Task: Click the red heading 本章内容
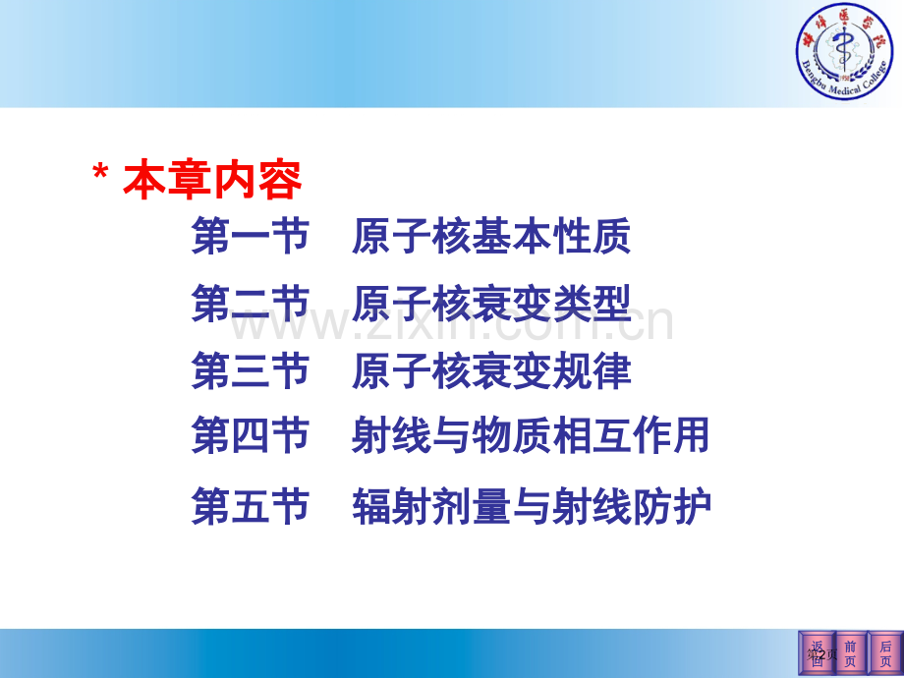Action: [x=212, y=181]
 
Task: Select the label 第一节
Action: [x=251, y=237]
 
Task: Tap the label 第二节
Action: [x=251, y=305]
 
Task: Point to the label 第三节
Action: [x=251, y=371]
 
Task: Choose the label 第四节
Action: [x=251, y=436]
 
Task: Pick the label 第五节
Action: [x=251, y=507]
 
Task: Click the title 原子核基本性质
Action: [x=490, y=237]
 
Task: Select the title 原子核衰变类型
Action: [x=490, y=305]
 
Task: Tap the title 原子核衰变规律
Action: [x=490, y=371]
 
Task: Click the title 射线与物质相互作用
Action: [x=530, y=436]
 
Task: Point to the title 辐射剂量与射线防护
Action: [x=531, y=507]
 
